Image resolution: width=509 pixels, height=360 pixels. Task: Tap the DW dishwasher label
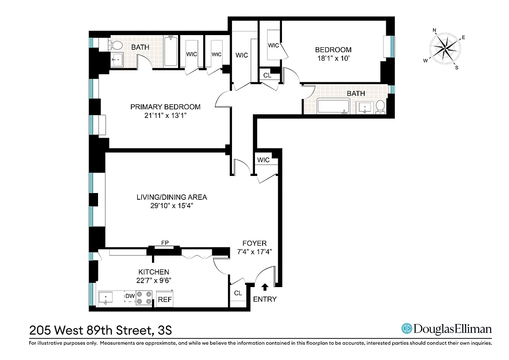[130, 296]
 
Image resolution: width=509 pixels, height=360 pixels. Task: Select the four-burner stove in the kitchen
[144, 298]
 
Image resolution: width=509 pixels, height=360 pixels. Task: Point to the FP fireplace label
[165, 243]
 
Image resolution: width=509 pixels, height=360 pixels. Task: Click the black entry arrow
[265, 286]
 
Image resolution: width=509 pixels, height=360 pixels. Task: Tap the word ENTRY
[265, 299]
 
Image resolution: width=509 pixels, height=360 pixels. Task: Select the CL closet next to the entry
[238, 293]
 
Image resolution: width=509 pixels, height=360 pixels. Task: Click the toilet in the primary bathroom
[116, 45]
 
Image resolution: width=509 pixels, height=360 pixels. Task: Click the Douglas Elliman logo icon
[406, 329]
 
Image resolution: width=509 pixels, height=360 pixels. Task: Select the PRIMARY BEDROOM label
[165, 107]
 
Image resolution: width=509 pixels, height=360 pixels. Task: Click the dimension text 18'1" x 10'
[333, 58]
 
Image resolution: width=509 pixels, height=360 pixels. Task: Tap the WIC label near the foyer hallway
[263, 160]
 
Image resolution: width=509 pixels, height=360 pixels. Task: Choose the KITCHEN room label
[153, 272]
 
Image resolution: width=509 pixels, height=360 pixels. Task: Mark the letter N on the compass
[434, 31]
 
